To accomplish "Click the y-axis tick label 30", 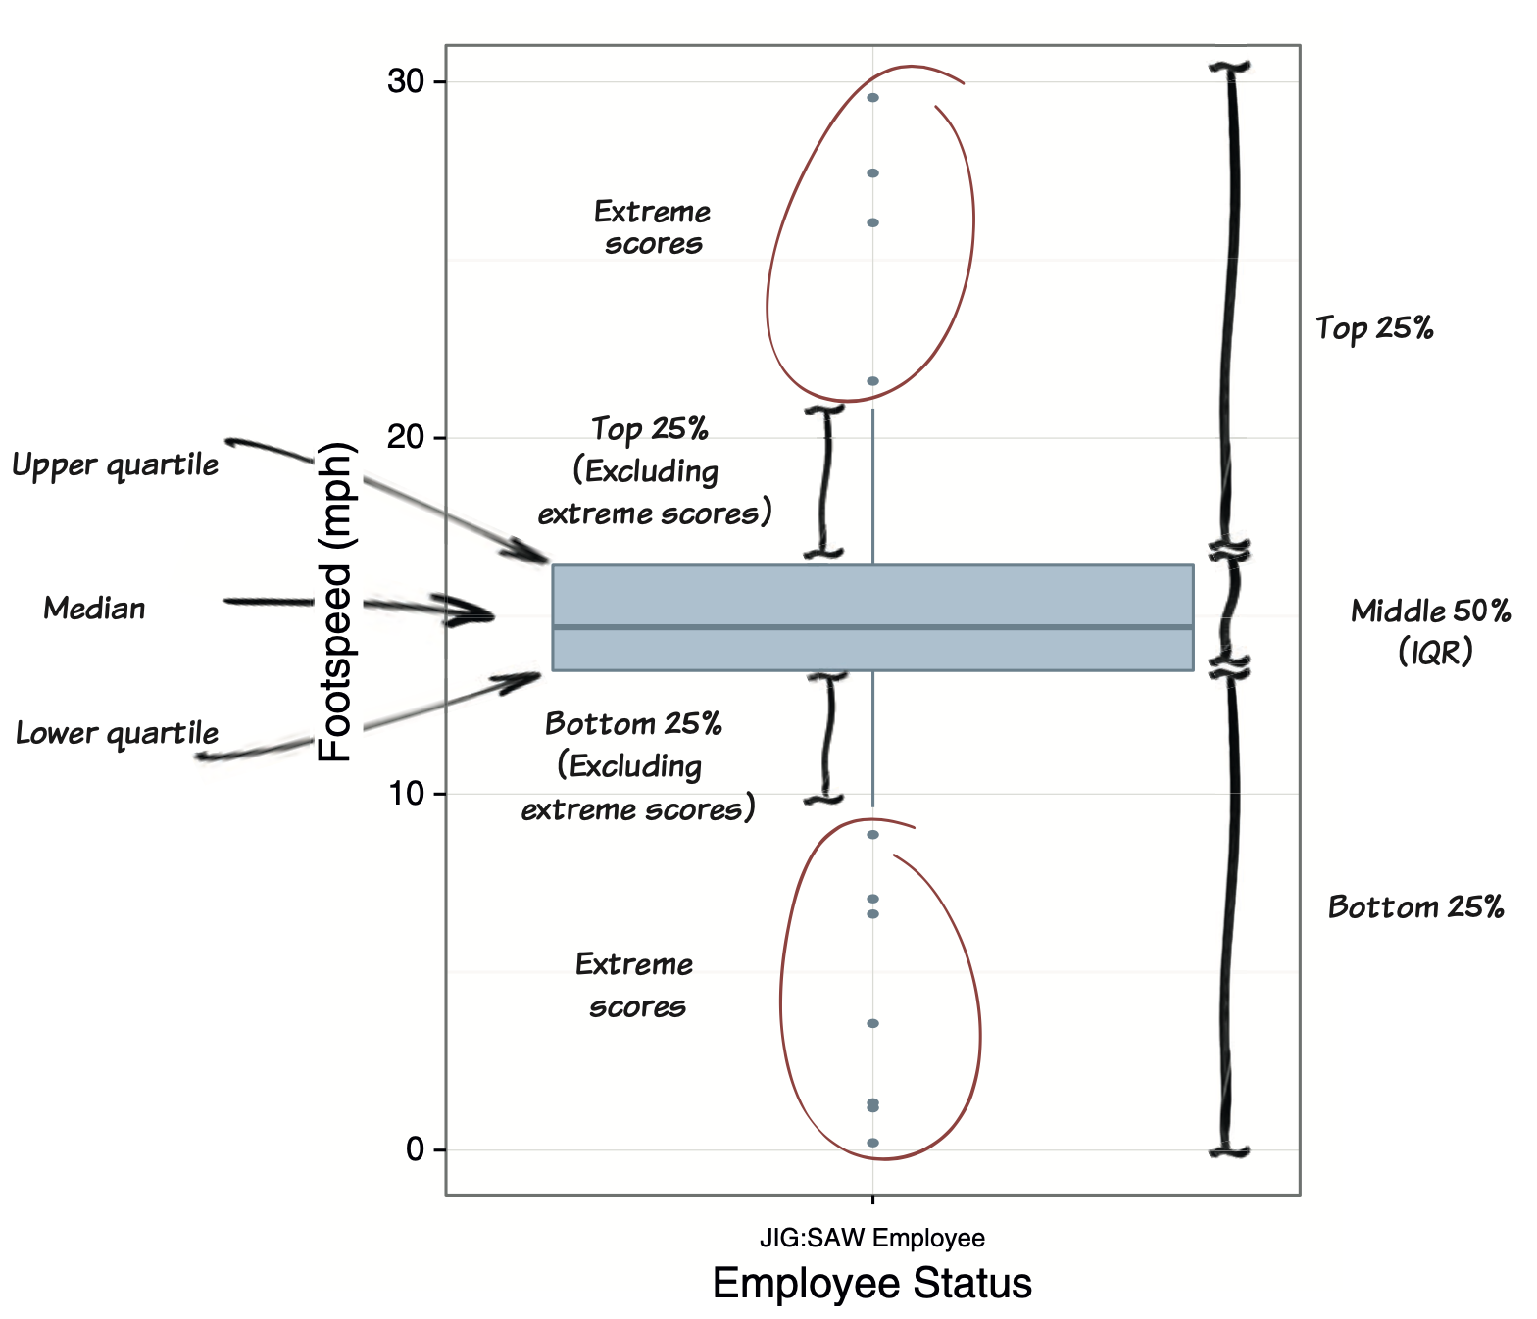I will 405,81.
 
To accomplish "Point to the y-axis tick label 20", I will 405,437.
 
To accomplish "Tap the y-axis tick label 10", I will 405,793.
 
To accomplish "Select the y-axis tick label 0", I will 416,1149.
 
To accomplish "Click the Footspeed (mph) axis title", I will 335,602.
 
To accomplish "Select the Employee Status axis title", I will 871,1284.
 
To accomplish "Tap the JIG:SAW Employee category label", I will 871,1238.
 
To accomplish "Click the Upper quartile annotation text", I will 116,464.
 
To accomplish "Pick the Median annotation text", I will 94,609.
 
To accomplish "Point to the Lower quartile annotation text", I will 117,734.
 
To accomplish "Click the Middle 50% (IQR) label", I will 1431,631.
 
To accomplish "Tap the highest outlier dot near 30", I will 872,98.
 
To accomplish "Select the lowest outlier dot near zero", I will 872,1143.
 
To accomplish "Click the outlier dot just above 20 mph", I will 872,381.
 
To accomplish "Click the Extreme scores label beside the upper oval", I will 652,227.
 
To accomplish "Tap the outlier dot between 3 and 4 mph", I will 872,1023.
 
